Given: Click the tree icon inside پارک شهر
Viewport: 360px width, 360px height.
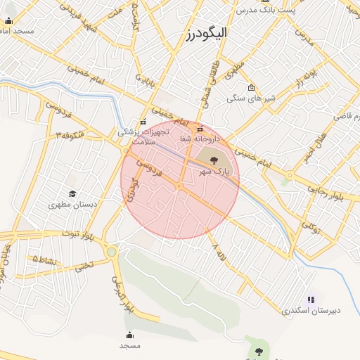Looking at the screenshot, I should click(214, 161).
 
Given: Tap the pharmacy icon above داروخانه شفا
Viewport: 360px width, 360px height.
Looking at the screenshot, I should click(200, 129).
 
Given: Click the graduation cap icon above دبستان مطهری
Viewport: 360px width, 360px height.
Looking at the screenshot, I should click(72, 193).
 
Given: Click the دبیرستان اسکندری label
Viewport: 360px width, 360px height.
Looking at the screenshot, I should click(311, 310).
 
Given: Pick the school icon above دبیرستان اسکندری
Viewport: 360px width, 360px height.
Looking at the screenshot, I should click(311, 300).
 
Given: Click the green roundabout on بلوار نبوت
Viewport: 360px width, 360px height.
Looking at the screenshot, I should click(111, 251).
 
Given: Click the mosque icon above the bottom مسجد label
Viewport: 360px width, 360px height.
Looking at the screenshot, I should click(129, 335).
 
